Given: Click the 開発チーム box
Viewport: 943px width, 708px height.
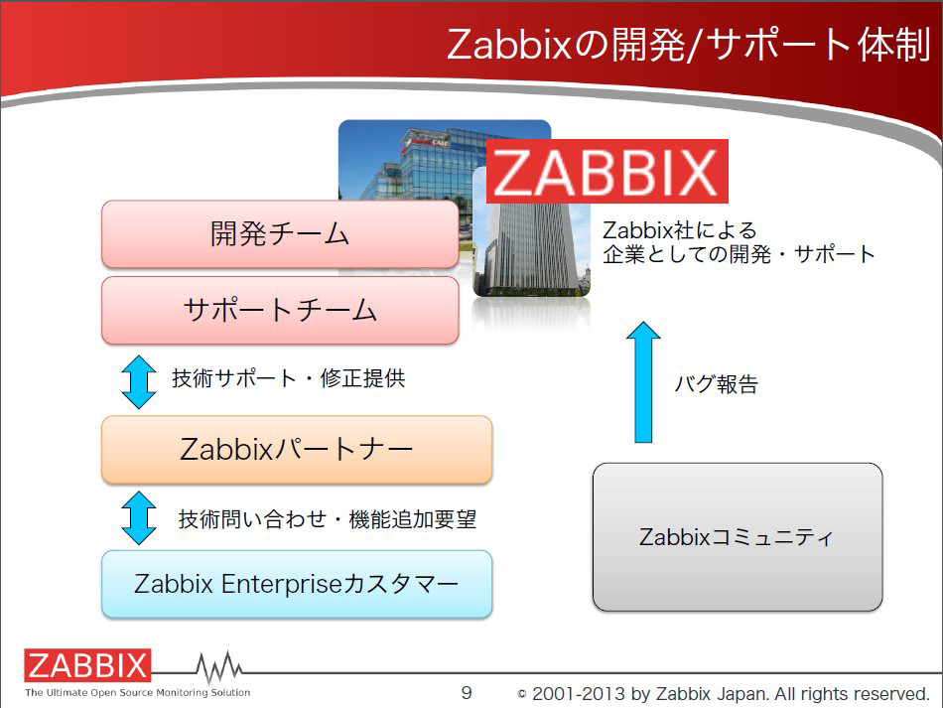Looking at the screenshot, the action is pyautogui.click(x=280, y=234).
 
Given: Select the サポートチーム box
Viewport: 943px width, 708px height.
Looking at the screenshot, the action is pyautogui.click(x=280, y=311).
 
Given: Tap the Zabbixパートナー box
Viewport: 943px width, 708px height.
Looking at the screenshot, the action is pyautogui.click(x=297, y=450).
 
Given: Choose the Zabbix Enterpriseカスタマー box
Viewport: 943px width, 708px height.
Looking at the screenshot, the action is pyautogui.click(x=297, y=584).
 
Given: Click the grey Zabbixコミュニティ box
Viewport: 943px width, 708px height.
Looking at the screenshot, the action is pyautogui.click(x=738, y=537).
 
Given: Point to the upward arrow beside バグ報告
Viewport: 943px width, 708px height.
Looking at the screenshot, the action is pyautogui.click(x=643, y=382).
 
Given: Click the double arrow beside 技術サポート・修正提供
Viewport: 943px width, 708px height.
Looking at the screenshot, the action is pyautogui.click(x=139, y=382).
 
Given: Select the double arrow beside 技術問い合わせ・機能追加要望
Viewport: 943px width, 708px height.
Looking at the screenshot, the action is pyautogui.click(x=139, y=518).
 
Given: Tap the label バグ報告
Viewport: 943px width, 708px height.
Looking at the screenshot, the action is pyautogui.click(x=717, y=383).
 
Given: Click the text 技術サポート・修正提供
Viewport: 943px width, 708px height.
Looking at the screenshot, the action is pyautogui.click(x=289, y=378).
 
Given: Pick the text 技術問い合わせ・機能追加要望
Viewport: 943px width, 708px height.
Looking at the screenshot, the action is pyautogui.click(x=328, y=519).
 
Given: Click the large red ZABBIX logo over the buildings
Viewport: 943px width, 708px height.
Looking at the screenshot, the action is pyautogui.click(x=606, y=172).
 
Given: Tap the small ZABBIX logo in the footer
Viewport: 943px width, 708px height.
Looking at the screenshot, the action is pyautogui.click(x=87, y=665).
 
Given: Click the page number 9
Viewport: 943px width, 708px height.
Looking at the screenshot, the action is pyautogui.click(x=467, y=693).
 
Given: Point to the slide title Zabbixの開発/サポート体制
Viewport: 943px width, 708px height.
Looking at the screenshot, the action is pyautogui.click(x=689, y=45).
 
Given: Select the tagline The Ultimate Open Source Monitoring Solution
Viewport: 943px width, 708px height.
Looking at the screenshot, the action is pyautogui.click(x=138, y=692).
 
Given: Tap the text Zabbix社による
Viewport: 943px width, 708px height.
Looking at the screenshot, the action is pyautogui.click(x=680, y=230).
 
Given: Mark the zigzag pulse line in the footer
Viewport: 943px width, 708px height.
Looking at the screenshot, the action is pyautogui.click(x=219, y=667).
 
